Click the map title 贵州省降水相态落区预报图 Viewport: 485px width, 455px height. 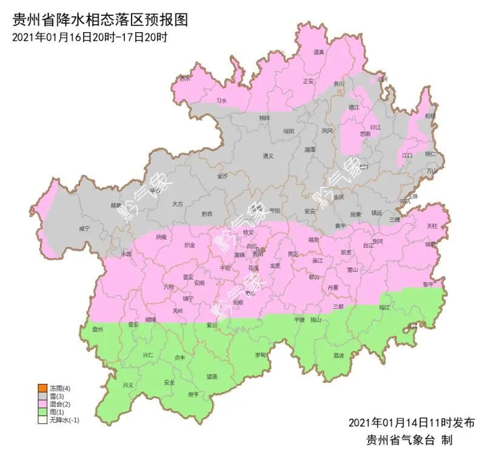[101, 19]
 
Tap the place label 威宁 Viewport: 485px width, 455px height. [84, 229]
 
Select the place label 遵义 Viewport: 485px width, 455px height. [268, 156]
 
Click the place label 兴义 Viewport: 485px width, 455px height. [128, 385]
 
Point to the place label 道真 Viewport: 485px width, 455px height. [319, 53]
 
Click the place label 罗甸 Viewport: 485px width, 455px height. [260, 354]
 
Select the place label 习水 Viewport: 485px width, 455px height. [221, 101]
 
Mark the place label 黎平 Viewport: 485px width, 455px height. [429, 284]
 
